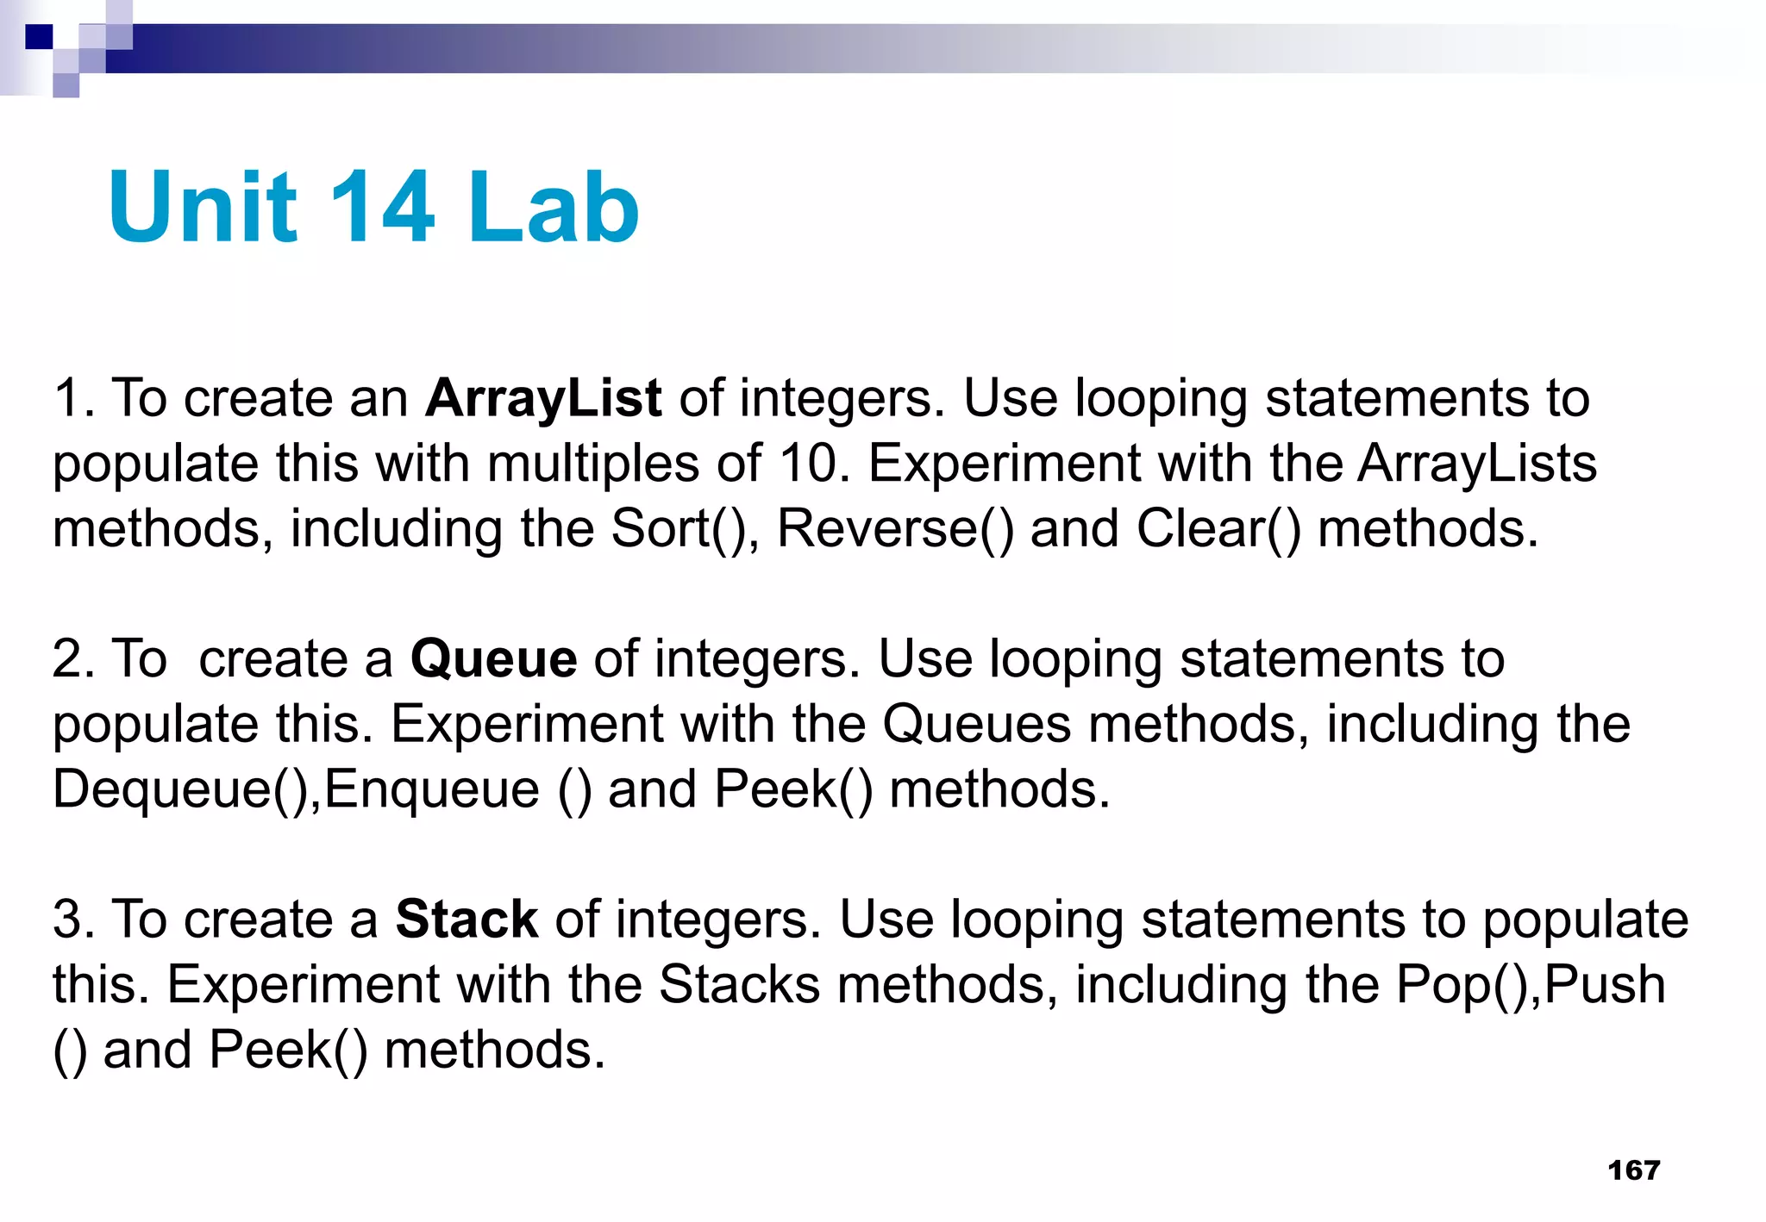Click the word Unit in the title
pos(203,207)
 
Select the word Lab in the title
pos(553,207)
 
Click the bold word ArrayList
pos(543,399)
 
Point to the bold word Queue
pos(493,659)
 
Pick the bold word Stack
pos(467,920)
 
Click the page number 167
pos(1633,1169)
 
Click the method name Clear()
pos(1218,528)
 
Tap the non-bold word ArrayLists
pos(1477,464)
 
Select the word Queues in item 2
pos(976,724)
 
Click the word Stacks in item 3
pos(739,985)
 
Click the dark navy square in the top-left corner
pos(39,37)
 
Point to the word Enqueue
pos(432,789)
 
